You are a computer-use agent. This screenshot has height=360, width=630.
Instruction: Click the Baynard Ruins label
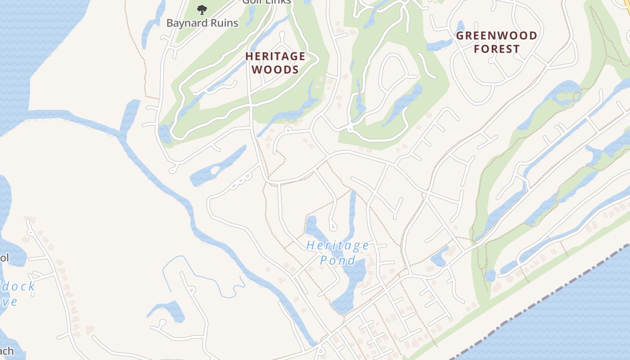202,23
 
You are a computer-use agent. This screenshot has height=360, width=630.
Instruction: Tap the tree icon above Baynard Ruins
202,9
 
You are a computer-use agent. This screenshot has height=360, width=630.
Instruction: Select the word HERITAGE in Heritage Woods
275,56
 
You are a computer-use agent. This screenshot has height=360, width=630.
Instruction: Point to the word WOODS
275,70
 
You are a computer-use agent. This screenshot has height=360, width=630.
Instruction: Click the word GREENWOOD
496,36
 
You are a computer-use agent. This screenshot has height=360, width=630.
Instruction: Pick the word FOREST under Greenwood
496,49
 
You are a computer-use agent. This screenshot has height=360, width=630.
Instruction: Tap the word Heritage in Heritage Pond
337,246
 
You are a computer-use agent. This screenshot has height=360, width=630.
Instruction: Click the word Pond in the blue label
337,260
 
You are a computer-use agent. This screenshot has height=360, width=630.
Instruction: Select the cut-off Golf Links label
266,2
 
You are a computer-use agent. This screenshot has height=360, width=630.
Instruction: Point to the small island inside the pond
215,171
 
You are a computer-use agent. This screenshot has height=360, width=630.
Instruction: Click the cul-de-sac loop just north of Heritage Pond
333,224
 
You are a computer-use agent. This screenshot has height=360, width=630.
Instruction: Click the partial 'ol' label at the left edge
4,258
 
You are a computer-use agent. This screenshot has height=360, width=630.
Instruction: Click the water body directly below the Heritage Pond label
351,279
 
